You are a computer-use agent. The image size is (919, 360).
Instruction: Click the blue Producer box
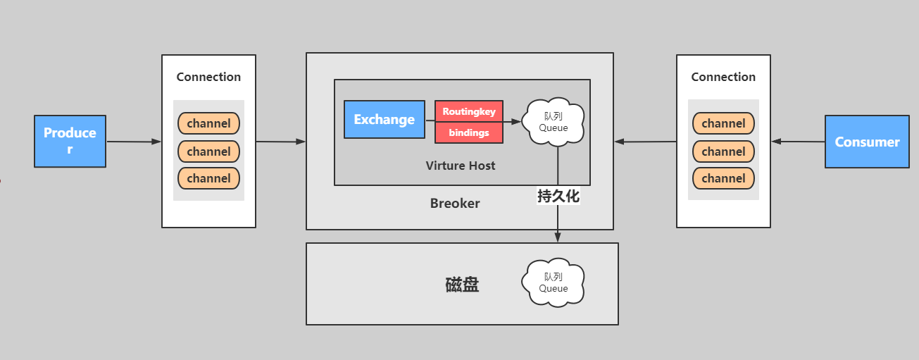pos(70,142)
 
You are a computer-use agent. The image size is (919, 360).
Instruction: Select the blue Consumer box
pos(867,142)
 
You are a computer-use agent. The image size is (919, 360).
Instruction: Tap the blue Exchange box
pos(384,119)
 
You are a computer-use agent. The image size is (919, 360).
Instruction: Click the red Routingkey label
pos(469,111)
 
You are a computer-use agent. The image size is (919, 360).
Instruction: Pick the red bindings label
pos(469,132)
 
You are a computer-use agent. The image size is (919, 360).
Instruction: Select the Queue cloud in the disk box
pos(554,282)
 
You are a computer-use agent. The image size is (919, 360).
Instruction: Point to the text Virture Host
pos(461,166)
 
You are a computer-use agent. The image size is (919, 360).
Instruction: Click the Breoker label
pos(455,204)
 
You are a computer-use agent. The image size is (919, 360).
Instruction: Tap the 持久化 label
pos(558,197)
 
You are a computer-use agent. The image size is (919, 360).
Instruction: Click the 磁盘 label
pos(462,285)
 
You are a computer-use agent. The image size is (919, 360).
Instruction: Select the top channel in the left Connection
pos(208,123)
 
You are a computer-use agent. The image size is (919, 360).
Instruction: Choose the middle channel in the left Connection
pos(208,151)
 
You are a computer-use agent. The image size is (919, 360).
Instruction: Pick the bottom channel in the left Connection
pos(208,178)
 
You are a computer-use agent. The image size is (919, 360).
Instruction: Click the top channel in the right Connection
pos(723,123)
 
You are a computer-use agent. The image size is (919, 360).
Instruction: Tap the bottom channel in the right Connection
pos(723,178)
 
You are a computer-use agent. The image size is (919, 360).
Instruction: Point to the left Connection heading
pos(208,77)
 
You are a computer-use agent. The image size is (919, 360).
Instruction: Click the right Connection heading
pos(723,77)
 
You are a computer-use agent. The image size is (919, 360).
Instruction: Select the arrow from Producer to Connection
pos(134,142)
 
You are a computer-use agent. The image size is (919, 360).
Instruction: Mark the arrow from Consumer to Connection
pos(798,142)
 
